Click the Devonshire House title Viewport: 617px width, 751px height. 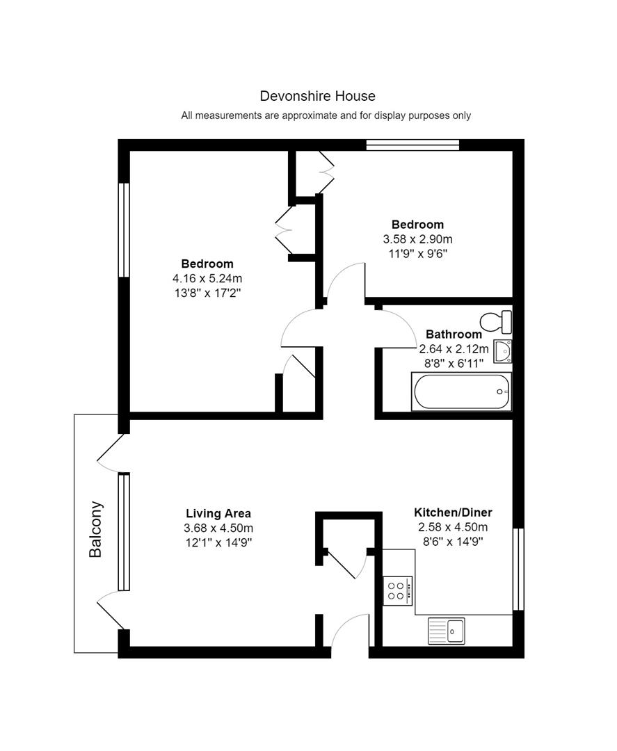pyautogui.click(x=317, y=96)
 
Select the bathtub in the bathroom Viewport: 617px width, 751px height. pyautogui.click(x=462, y=391)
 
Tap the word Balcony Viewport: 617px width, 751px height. pyautogui.click(x=96, y=529)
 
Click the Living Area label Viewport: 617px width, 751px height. pyautogui.click(x=218, y=514)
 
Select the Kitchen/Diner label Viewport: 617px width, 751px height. pyautogui.click(x=453, y=512)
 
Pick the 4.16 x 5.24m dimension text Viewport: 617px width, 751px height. pyautogui.click(x=207, y=278)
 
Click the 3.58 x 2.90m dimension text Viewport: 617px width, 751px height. pyautogui.click(x=417, y=239)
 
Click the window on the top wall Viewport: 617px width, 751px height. pyautogui.click(x=412, y=145)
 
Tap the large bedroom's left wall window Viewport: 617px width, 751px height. pyautogui.click(x=124, y=229)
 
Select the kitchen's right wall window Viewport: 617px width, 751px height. pyautogui.click(x=518, y=570)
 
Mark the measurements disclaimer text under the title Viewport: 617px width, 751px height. pyautogui.click(x=326, y=115)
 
